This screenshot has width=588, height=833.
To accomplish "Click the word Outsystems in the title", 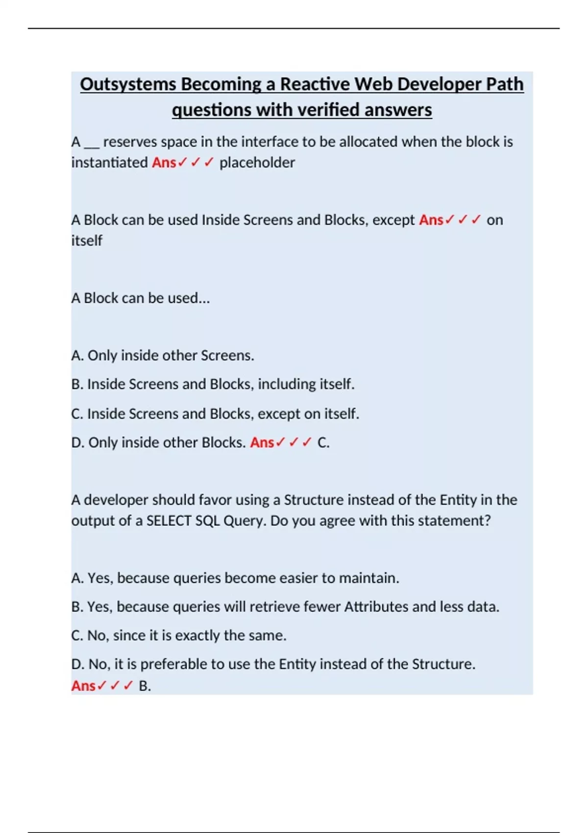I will tap(128, 84).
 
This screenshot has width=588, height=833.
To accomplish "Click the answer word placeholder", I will tap(257, 162).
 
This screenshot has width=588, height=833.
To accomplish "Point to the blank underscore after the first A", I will tap(92, 142).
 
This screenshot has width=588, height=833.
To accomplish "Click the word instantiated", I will tap(109, 162).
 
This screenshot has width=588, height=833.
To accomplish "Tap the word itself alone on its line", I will tap(87, 241).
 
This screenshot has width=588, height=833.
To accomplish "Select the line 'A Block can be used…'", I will tap(141, 298).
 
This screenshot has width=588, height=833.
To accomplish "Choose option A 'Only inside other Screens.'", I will tap(163, 355).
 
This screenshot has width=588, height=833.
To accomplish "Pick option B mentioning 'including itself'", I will tap(213, 384).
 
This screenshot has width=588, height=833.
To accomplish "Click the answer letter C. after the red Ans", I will tap(323, 442).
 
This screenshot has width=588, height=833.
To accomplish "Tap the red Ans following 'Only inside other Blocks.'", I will tap(262, 442).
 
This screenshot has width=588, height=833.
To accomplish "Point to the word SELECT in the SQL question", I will tap(169, 520).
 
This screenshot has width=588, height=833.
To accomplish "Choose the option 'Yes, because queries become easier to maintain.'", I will tap(235, 578).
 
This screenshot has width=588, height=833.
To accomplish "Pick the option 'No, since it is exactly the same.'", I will tap(179, 636).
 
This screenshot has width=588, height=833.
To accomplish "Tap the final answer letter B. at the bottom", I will tap(145, 686).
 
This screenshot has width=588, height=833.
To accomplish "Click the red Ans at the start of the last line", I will tap(83, 686).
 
